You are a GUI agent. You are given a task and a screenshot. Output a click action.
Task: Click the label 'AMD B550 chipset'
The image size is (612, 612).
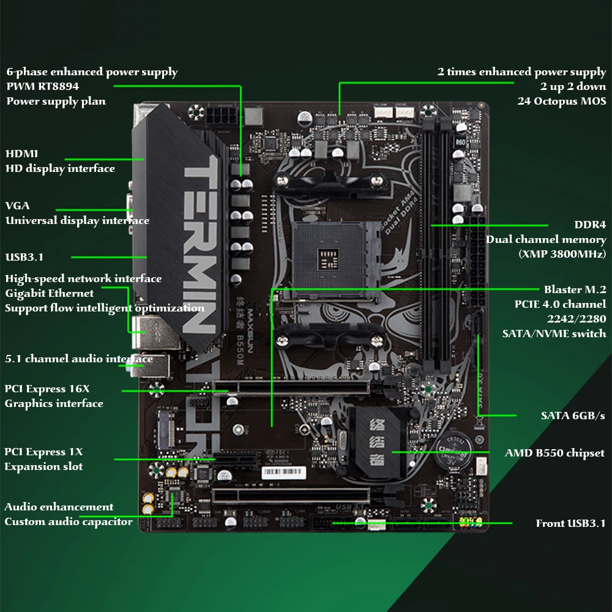coord(554,453)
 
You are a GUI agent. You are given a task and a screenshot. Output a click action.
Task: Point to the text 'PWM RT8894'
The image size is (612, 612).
coord(42,87)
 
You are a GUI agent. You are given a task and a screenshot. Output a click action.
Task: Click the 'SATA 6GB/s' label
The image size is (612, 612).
coord(573,416)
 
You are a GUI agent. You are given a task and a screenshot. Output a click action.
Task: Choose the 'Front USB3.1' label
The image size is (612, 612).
coord(570,523)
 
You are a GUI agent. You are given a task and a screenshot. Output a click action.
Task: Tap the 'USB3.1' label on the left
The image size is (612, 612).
coord(24,257)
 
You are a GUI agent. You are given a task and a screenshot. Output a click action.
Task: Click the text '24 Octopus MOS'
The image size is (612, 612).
coord(561,102)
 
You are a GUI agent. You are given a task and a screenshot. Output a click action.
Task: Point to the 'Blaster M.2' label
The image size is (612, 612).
coord(575,289)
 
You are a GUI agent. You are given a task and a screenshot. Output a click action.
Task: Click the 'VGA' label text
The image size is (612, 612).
coord(17,206)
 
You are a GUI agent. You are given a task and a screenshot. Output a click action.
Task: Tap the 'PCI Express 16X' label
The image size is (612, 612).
coord(47,389)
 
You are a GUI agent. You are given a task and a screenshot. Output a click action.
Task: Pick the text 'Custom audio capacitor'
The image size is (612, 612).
coord(68,522)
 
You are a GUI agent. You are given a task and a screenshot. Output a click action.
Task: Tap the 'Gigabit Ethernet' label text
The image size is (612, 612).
coord(50,293)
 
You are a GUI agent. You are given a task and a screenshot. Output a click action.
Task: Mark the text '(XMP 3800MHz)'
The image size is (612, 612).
coord(562,254)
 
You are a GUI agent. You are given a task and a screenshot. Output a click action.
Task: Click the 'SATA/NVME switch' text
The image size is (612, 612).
coord(554,334)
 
